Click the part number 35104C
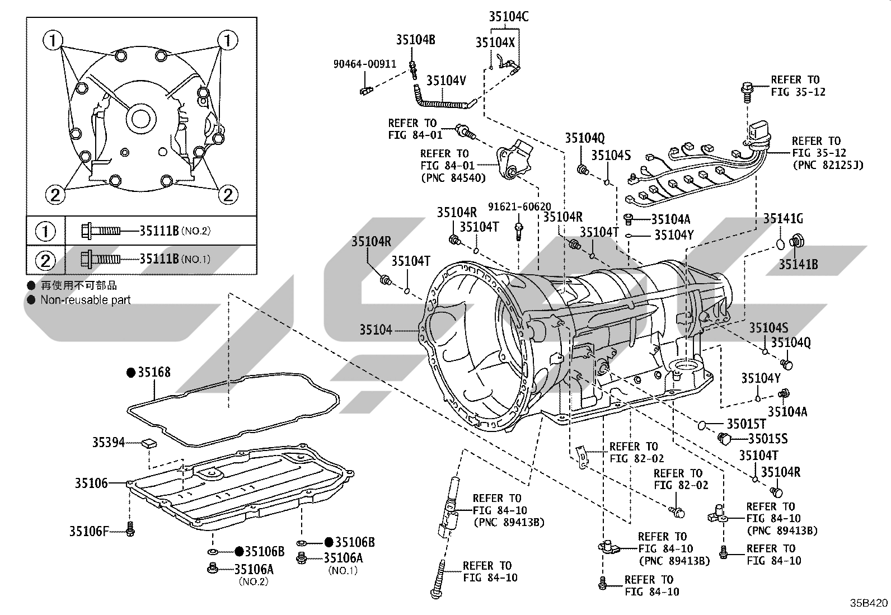pyautogui.click(x=509, y=17)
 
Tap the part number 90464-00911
pyautogui.click(x=365, y=64)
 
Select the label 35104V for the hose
pyautogui.click(x=446, y=81)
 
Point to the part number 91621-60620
pyautogui.click(x=519, y=207)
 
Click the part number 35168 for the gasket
pyautogui.click(x=154, y=372)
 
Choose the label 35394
pyautogui.click(x=109, y=442)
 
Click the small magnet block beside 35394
pyautogui.click(x=149, y=444)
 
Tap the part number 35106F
pyautogui.click(x=88, y=532)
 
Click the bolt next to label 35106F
pyautogui.click(x=130, y=529)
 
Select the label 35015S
pyautogui.click(x=768, y=439)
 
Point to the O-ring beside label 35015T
pyautogui.click(x=702, y=425)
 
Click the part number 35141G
pyautogui.click(x=783, y=219)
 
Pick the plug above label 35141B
pyautogui.click(x=796, y=241)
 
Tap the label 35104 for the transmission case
pyautogui.click(x=376, y=330)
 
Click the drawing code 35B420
pyautogui.click(x=869, y=603)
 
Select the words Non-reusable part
pyautogui.click(x=86, y=300)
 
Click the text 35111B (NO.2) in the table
pyautogui.click(x=175, y=231)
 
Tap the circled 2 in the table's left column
pyautogui.click(x=45, y=261)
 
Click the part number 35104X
pyautogui.click(x=495, y=43)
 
